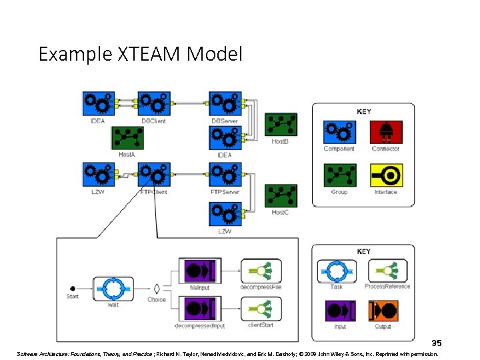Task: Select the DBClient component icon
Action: (154, 103)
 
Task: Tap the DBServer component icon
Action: (225, 103)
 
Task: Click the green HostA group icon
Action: (126, 138)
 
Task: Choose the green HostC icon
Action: (281, 196)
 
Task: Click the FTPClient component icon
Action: (154, 175)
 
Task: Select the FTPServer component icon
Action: (225, 175)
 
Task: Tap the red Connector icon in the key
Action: (386, 131)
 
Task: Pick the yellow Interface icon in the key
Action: (386, 175)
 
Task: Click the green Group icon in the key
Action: (339, 175)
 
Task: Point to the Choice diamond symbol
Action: (157, 289)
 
